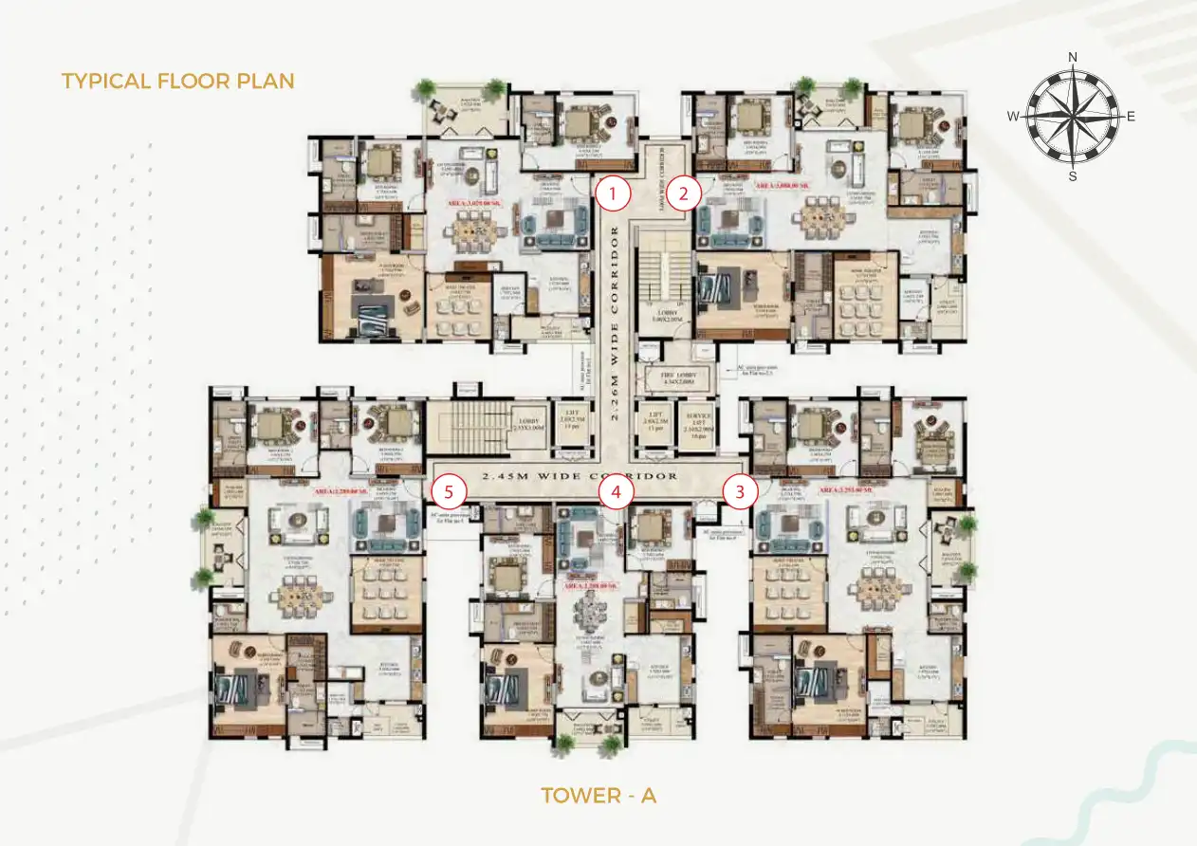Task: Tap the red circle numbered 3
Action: click(x=740, y=491)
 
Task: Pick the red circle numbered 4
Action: click(x=617, y=491)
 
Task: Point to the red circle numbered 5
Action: click(x=450, y=491)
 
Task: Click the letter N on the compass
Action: click(x=1073, y=57)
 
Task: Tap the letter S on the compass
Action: click(x=1073, y=175)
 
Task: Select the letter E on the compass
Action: click(x=1131, y=117)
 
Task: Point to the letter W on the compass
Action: click(x=1013, y=117)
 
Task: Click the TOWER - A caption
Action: click(x=598, y=795)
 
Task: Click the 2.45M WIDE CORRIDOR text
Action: click(x=580, y=475)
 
